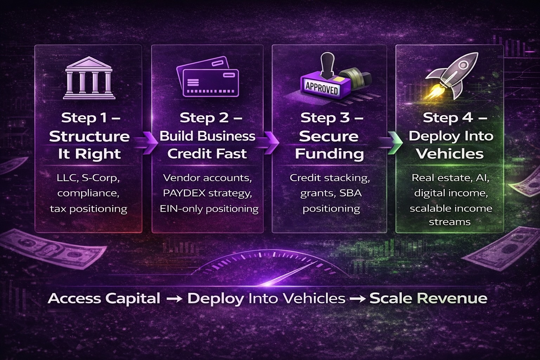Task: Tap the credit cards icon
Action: [208, 77]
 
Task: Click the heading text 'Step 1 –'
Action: [90, 118]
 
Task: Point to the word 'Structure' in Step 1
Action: [89, 136]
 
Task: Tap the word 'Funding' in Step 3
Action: [329, 154]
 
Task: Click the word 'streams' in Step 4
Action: [450, 222]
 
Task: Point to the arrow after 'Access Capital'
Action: [174, 298]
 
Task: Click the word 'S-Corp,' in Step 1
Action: [101, 178]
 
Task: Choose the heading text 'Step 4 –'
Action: [455, 118]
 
